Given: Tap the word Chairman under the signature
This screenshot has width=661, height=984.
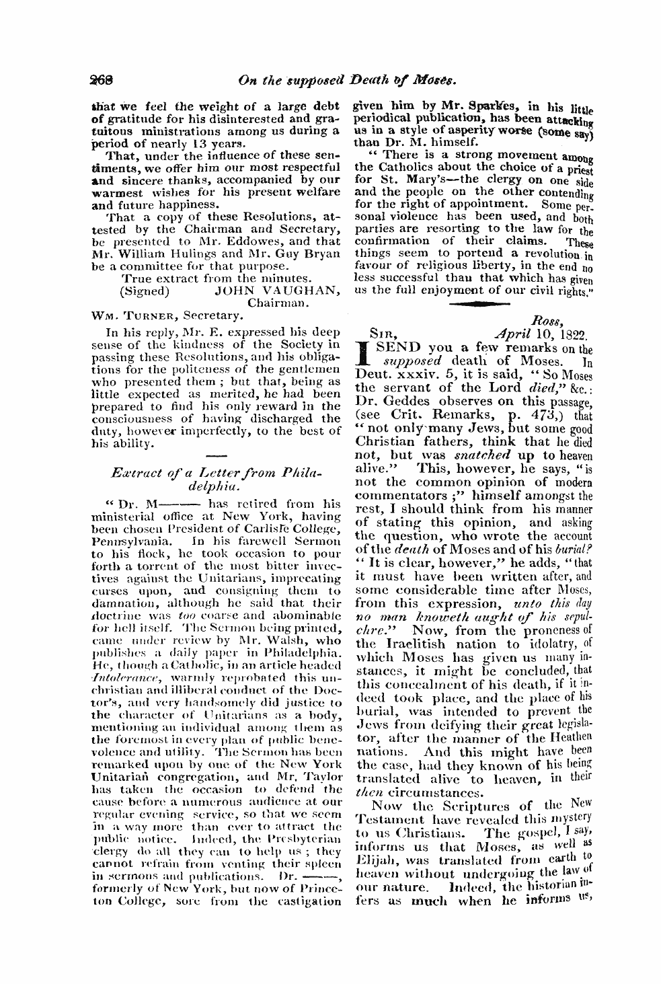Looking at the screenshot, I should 278,303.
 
